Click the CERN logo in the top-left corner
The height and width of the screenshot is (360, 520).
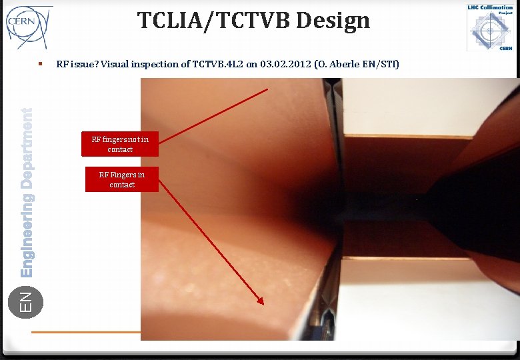coord(27,25)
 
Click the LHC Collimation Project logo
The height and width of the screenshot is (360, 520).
coord(490,27)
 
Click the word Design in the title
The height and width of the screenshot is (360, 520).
coord(333,21)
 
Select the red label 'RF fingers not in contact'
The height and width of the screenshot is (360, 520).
coord(120,144)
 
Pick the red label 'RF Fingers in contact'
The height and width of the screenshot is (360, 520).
coord(122,179)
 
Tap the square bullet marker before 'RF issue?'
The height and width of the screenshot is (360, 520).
coord(41,64)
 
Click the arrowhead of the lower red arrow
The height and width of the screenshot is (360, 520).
coord(261,301)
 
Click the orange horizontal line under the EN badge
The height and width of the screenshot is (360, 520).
coord(86,331)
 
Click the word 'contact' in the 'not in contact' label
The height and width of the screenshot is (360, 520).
coord(120,149)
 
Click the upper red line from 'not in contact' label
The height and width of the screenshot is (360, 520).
coord(213,114)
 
